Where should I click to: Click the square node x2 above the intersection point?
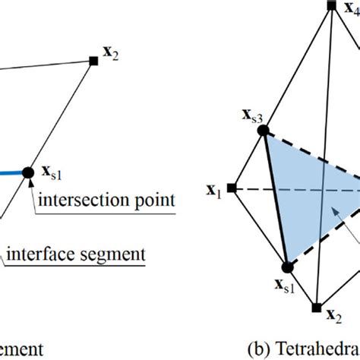tap(93, 59)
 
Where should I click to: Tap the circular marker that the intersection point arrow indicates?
tap(28, 173)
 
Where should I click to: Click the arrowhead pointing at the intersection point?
tap(29, 185)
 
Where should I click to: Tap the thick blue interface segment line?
tap(11, 174)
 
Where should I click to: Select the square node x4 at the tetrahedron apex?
tap(331, 5)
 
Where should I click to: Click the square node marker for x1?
tap(232, 188)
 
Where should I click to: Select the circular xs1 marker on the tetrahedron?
tap(287, 267)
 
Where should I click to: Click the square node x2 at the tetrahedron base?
tap(316, 308)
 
